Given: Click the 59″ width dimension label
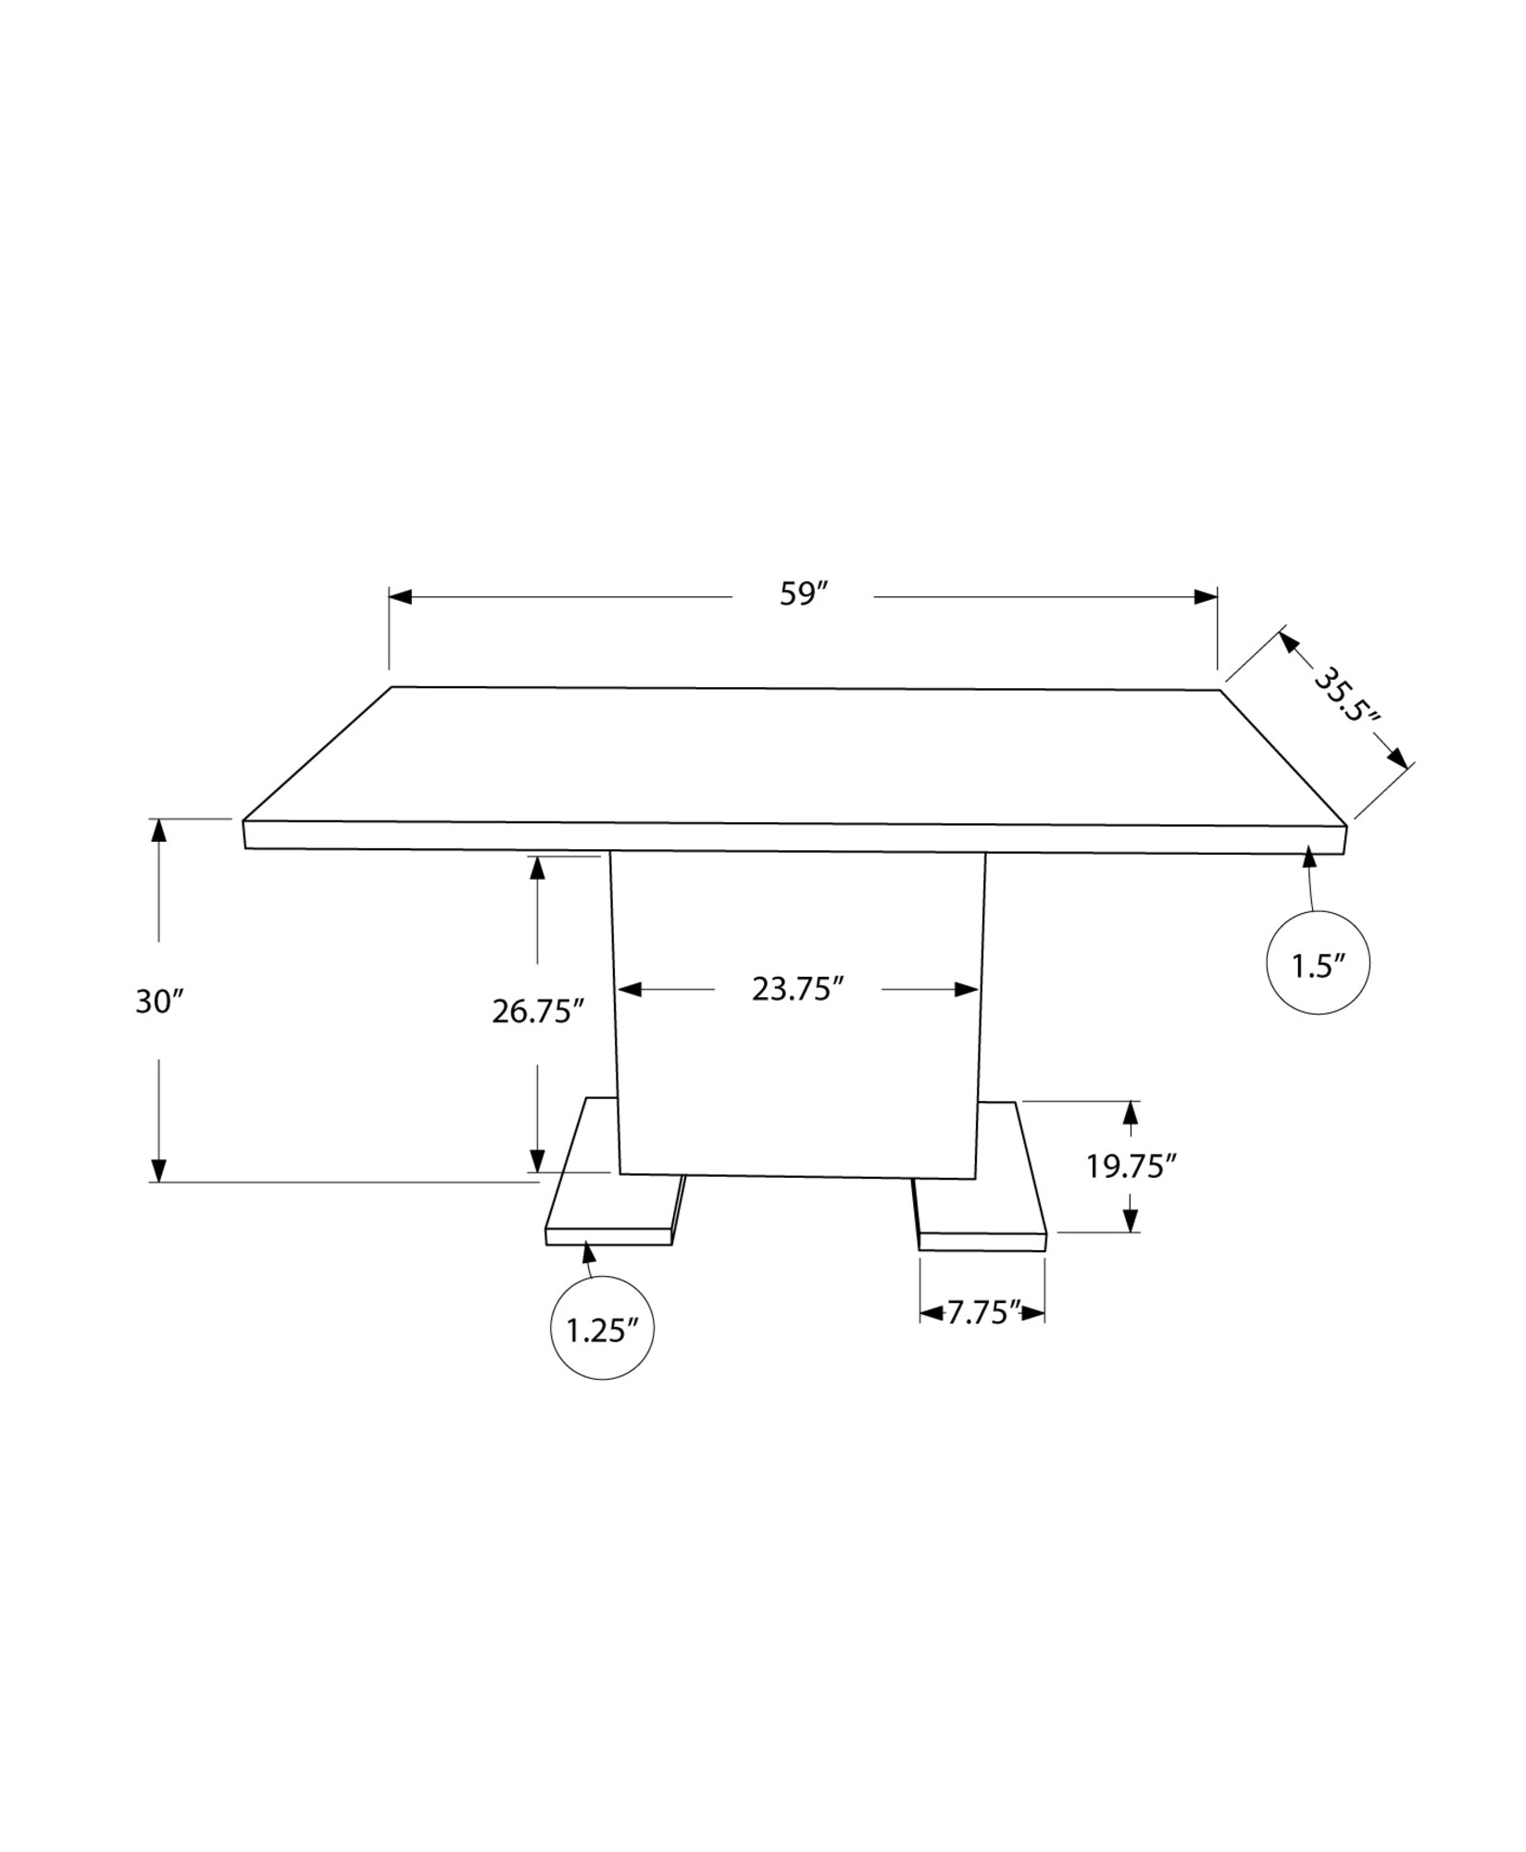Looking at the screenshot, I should [802, 594].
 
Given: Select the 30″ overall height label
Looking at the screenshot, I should [160, 1001].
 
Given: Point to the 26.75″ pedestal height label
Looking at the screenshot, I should [537, 1011].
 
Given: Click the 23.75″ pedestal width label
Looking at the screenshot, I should [797, 989].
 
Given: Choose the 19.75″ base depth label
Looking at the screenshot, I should [1131, 1166].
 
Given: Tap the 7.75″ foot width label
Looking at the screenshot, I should [982, 1313].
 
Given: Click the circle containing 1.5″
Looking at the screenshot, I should [1317, 964].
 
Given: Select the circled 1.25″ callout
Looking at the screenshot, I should [602, 1330].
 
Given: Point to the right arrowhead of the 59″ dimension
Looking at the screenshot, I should [1206, 596].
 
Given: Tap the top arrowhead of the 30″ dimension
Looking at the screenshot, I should [159, 830].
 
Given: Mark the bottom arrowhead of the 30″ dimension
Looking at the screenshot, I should [159, 1170].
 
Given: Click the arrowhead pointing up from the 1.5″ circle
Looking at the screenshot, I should [1308, 857].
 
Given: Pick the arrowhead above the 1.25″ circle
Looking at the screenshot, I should [586, 1253].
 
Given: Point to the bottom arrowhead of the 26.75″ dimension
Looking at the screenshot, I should [537, 1161].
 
